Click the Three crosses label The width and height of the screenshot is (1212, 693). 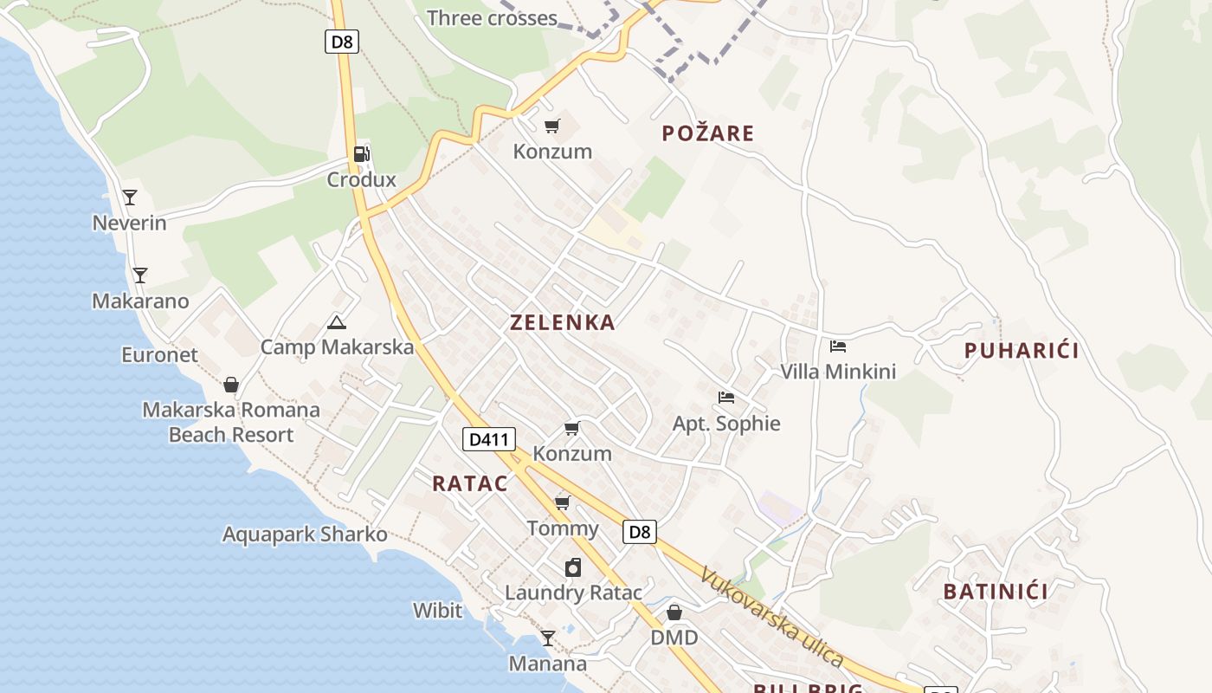[x=492, y=18]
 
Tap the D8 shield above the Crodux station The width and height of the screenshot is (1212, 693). [x=342, y=41]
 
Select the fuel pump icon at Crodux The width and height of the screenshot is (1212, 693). [x=362, y=154]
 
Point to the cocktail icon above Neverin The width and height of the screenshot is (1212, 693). [x=130, y=198]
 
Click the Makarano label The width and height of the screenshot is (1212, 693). [x=140, y=301]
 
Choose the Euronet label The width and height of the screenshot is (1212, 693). [x=159, y=355]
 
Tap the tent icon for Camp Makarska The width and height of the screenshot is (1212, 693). [x=337, y=323]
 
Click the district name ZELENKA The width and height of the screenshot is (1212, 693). [x=563, y=323]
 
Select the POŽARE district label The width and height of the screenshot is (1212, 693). [x=708, y=133]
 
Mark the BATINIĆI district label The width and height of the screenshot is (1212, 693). [x=996, y=592]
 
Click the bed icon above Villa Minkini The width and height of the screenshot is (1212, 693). [x=837, y=346]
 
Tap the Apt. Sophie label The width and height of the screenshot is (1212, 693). [x=726, y=424]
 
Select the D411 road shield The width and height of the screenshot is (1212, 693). [x=488, y=439]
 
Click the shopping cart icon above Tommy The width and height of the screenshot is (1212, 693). [x=563, y=502]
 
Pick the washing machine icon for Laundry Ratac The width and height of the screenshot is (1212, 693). [x=572, y=567]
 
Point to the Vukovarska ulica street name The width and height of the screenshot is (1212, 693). [x=772, y=616]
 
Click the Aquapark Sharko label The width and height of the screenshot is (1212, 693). [x=305, y=534]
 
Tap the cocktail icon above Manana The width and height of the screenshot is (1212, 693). [x=547, y=638]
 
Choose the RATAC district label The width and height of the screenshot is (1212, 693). [x=470, y=483]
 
